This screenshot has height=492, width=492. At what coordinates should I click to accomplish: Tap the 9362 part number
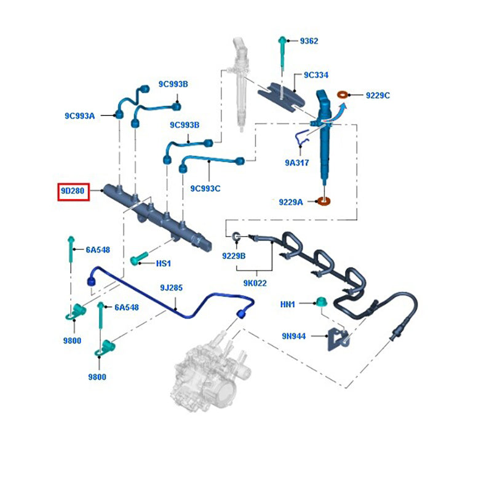(309, 41)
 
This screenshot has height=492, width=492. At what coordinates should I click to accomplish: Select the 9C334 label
(316, 75)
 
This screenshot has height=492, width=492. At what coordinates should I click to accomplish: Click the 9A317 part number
(297, 163)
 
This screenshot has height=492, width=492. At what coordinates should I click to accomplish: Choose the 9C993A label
(80, 115)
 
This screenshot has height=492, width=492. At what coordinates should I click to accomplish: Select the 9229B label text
(233, 255)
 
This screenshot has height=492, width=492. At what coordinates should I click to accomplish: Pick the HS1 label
(163, 263)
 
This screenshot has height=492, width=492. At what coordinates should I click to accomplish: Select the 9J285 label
(172, 287)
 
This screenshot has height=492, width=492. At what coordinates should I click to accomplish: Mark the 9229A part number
(291, 201)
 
